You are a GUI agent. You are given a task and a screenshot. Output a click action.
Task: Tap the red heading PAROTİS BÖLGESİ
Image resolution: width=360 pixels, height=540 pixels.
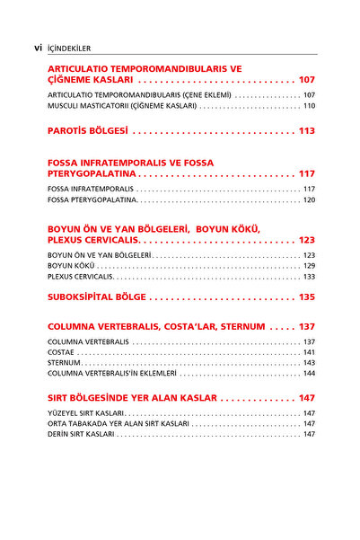point(88,131)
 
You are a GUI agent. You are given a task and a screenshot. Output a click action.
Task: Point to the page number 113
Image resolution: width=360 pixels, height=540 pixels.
point(307,131)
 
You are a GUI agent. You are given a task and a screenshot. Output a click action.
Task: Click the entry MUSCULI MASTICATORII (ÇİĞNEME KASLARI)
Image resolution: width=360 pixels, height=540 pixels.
point(122,106)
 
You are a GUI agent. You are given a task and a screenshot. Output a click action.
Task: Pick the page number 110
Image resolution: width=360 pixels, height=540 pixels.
point(309,106)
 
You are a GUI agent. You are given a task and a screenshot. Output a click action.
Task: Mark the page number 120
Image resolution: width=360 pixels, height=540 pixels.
point(309,199)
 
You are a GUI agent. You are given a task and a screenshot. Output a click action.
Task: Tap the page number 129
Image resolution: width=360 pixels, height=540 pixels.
point(309,266)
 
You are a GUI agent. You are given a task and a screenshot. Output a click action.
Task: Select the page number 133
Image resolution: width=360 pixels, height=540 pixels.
point(309,277)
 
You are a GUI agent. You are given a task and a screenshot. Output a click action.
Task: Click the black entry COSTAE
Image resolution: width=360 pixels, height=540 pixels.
point(60,352)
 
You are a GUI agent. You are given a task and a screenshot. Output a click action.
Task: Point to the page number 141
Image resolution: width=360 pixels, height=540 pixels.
point(309,352)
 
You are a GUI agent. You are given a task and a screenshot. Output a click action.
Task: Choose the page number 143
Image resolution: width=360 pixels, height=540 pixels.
point(309,363)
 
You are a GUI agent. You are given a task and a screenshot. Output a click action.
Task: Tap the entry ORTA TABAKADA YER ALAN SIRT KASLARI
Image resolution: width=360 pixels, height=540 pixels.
point(118,423)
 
